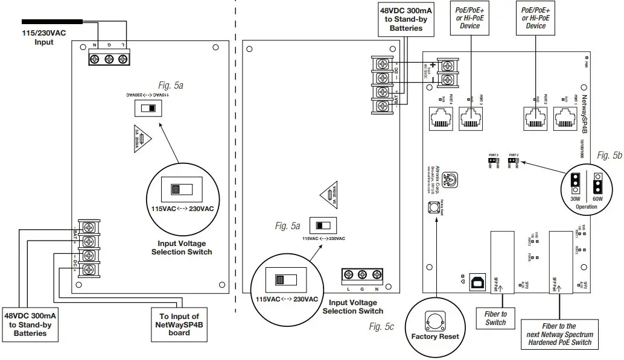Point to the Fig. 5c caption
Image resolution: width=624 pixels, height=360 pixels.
[x=381, y=327]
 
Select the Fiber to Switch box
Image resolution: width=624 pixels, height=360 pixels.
[x=495, y=318]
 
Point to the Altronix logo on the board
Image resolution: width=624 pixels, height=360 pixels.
[x=450, y=178]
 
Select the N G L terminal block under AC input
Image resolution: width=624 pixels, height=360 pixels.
[x=109, y=58]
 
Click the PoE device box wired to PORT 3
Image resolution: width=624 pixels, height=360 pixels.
[x=469, y=17]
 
